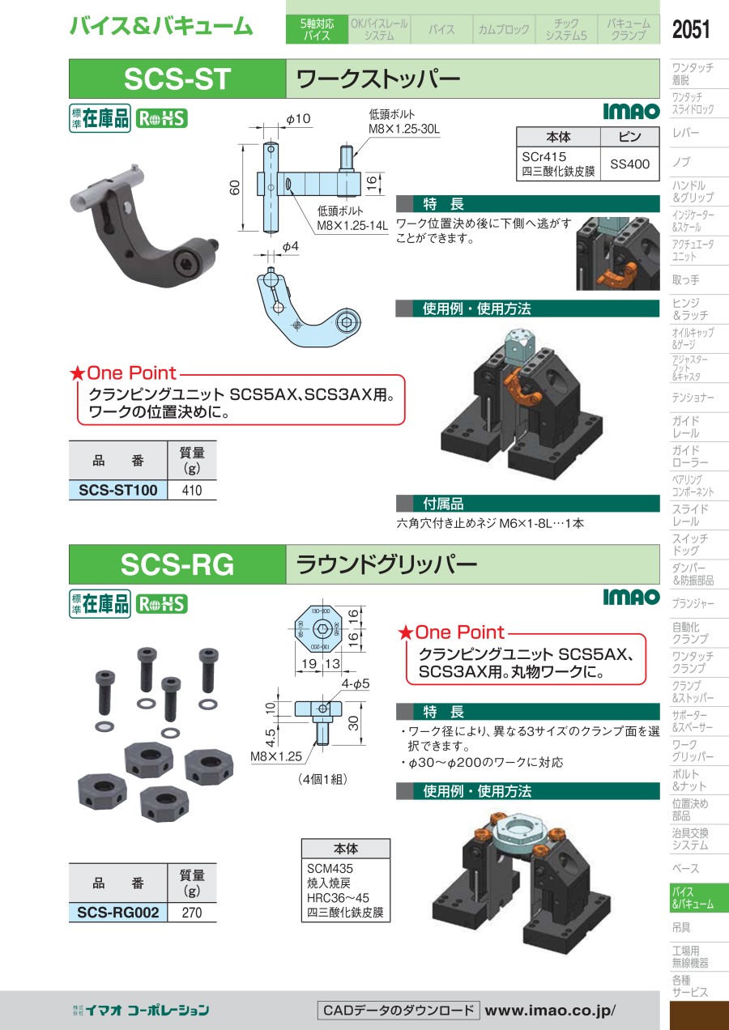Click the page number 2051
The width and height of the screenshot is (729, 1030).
691,29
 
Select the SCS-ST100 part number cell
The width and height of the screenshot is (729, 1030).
118,490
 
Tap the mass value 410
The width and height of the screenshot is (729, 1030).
192,490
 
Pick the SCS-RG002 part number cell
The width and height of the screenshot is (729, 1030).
118,912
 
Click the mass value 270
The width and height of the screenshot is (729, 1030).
192,913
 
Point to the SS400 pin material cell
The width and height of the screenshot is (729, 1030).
629,164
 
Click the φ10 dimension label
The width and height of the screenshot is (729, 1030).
299,119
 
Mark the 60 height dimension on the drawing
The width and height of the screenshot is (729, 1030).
235,187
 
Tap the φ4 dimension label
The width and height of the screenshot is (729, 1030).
290,247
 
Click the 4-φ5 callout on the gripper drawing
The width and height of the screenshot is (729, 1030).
356,683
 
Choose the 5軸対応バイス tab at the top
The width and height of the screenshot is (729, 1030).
317,29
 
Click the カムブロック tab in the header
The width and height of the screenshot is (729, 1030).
504,29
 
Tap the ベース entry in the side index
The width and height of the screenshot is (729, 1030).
686,868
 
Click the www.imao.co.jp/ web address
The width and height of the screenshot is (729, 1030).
550,1011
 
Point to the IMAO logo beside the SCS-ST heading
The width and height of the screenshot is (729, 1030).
631,111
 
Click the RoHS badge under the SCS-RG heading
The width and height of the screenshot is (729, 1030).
161,604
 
